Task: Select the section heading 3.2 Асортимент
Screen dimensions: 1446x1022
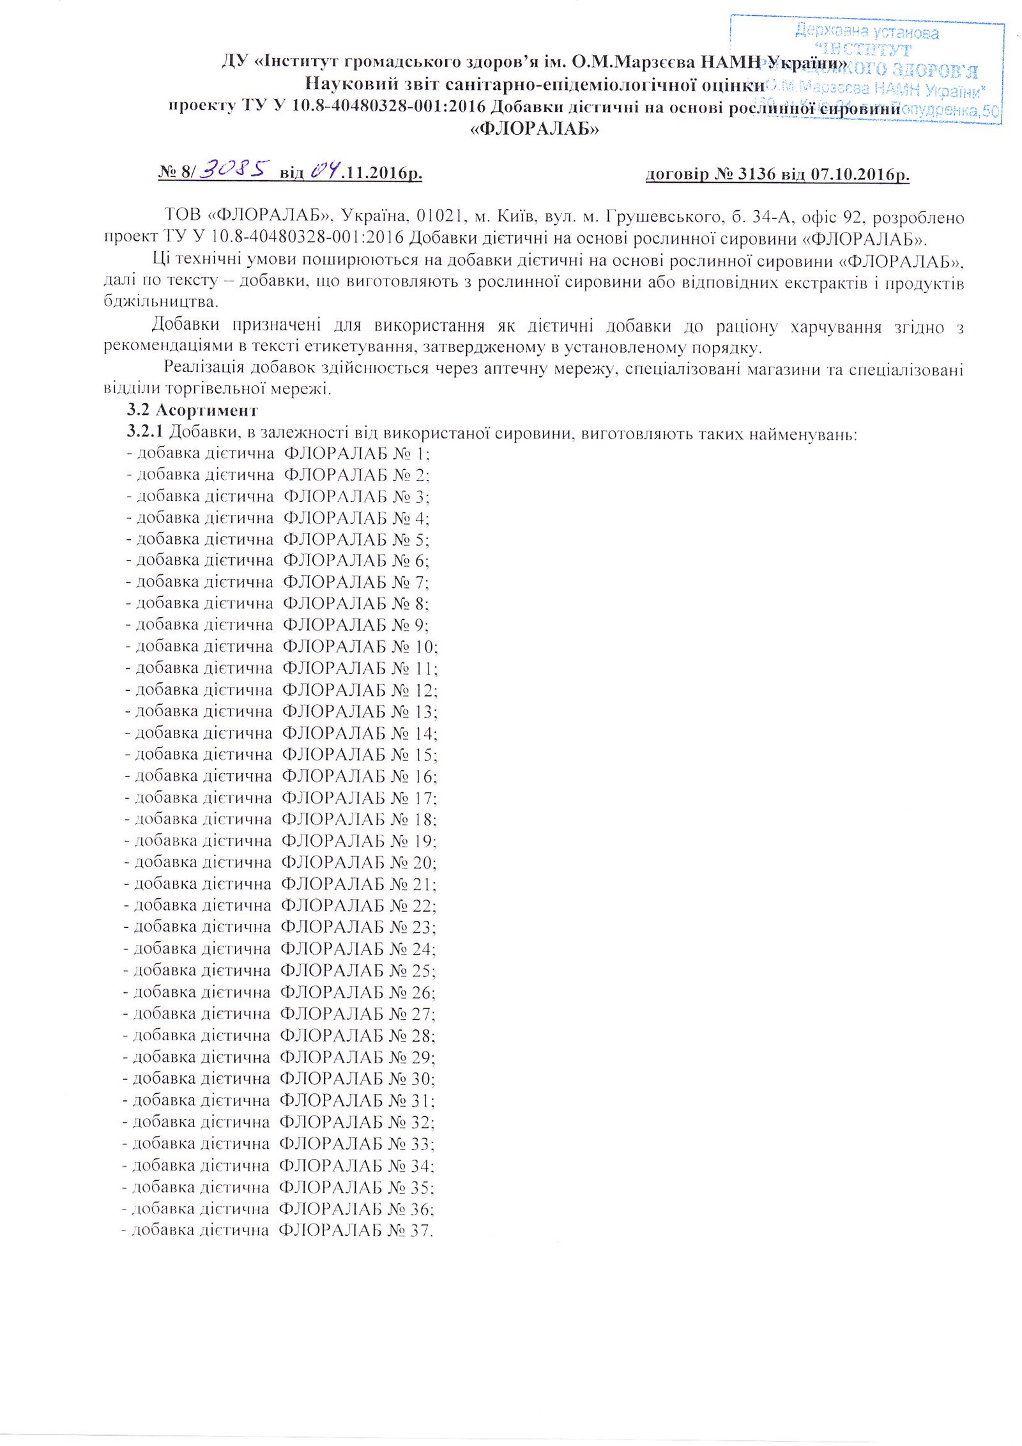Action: click(x=192, y=410)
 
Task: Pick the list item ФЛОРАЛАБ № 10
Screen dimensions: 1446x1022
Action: click(x=360, y=646)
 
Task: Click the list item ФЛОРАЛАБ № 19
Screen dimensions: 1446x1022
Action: click(x=358, y=840)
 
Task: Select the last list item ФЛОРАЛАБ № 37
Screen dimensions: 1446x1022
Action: click(x=356, y=1229)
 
